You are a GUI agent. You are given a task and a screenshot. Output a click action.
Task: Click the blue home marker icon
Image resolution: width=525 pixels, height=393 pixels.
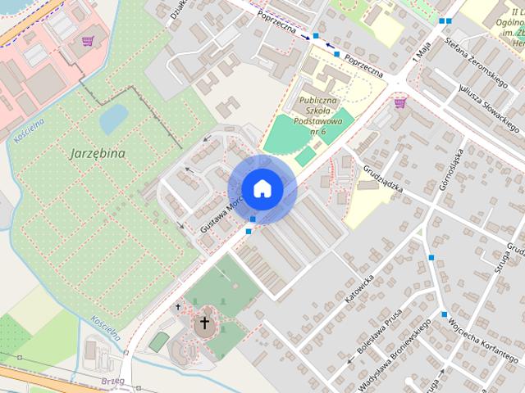[x=261, y=188]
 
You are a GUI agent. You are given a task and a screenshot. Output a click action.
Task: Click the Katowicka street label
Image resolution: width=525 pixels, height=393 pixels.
[x=359, y=291]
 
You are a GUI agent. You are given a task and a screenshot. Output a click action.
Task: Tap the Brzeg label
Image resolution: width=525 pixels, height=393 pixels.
[x=114, y=381]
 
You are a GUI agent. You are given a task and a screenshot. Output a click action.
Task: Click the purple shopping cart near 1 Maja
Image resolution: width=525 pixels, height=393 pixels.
[x=399, y=102]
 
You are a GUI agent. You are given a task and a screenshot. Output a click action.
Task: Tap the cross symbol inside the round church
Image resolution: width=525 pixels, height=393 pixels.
[x=205, y=323]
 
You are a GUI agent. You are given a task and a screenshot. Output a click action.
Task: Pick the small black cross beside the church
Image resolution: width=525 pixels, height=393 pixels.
[x=178, y=308]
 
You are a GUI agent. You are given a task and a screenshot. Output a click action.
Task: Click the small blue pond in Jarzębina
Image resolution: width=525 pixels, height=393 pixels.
[x=112, y=120]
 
